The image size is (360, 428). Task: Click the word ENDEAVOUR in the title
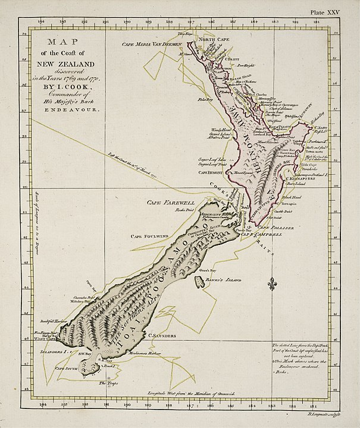pyautogui.click(x=66, y=111)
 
